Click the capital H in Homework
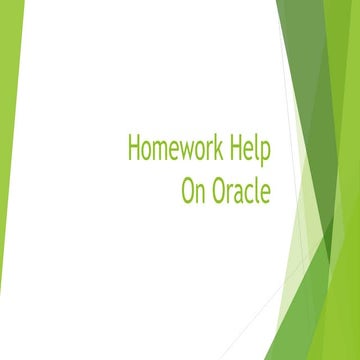(133, 149)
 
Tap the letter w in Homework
(191, 152)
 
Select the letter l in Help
(258, 149)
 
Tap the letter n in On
(200, 192)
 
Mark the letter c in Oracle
(250, 192)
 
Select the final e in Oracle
(267, 192)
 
